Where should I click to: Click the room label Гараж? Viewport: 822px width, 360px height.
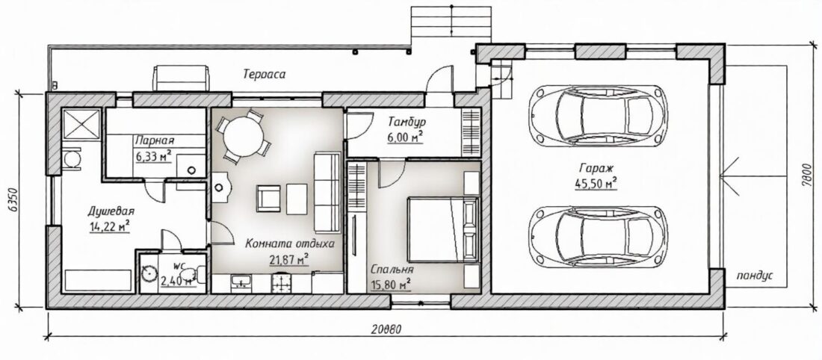[595, 169]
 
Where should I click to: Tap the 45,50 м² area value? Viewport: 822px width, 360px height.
[596, 183]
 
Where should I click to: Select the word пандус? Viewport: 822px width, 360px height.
[755, 276]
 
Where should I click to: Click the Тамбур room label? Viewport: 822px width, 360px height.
[407, 122]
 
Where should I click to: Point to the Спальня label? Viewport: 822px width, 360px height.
[392, 270]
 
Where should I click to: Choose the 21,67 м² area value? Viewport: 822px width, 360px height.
[289, 259]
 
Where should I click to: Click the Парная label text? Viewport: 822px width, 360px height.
[154, 141]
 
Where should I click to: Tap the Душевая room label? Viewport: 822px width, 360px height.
[111, 212]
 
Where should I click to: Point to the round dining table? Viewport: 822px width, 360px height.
[244, 136]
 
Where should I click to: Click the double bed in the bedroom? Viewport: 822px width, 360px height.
[443, 229]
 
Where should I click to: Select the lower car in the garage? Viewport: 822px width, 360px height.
[598, 236]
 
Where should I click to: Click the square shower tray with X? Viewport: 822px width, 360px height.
[81, 124]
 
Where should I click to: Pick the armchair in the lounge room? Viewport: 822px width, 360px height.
[268, 199]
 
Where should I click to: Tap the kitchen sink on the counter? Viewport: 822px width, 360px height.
[241, 284]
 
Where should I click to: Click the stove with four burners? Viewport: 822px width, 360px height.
[281, 284]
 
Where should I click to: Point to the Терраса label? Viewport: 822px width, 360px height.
[265, 74]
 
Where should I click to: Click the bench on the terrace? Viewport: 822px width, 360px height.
[181, 78]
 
